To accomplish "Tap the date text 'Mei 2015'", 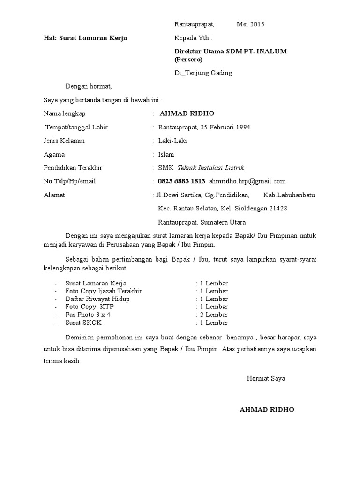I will point(250,24).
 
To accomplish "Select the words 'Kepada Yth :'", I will point(193,38).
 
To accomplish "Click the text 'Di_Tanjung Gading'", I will point(203,73).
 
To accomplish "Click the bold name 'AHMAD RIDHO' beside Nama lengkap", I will point(187,113).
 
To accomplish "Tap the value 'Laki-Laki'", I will point(172,141).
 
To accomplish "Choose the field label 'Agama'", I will point(54,154).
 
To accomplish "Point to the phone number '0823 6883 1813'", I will point(181,181).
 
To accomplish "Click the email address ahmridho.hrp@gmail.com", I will point(247,181).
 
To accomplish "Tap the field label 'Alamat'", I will point(54,195).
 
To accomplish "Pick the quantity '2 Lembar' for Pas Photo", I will point(214,315).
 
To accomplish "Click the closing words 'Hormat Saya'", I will point(266,378).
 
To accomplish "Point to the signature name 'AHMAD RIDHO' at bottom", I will point(267,409).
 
